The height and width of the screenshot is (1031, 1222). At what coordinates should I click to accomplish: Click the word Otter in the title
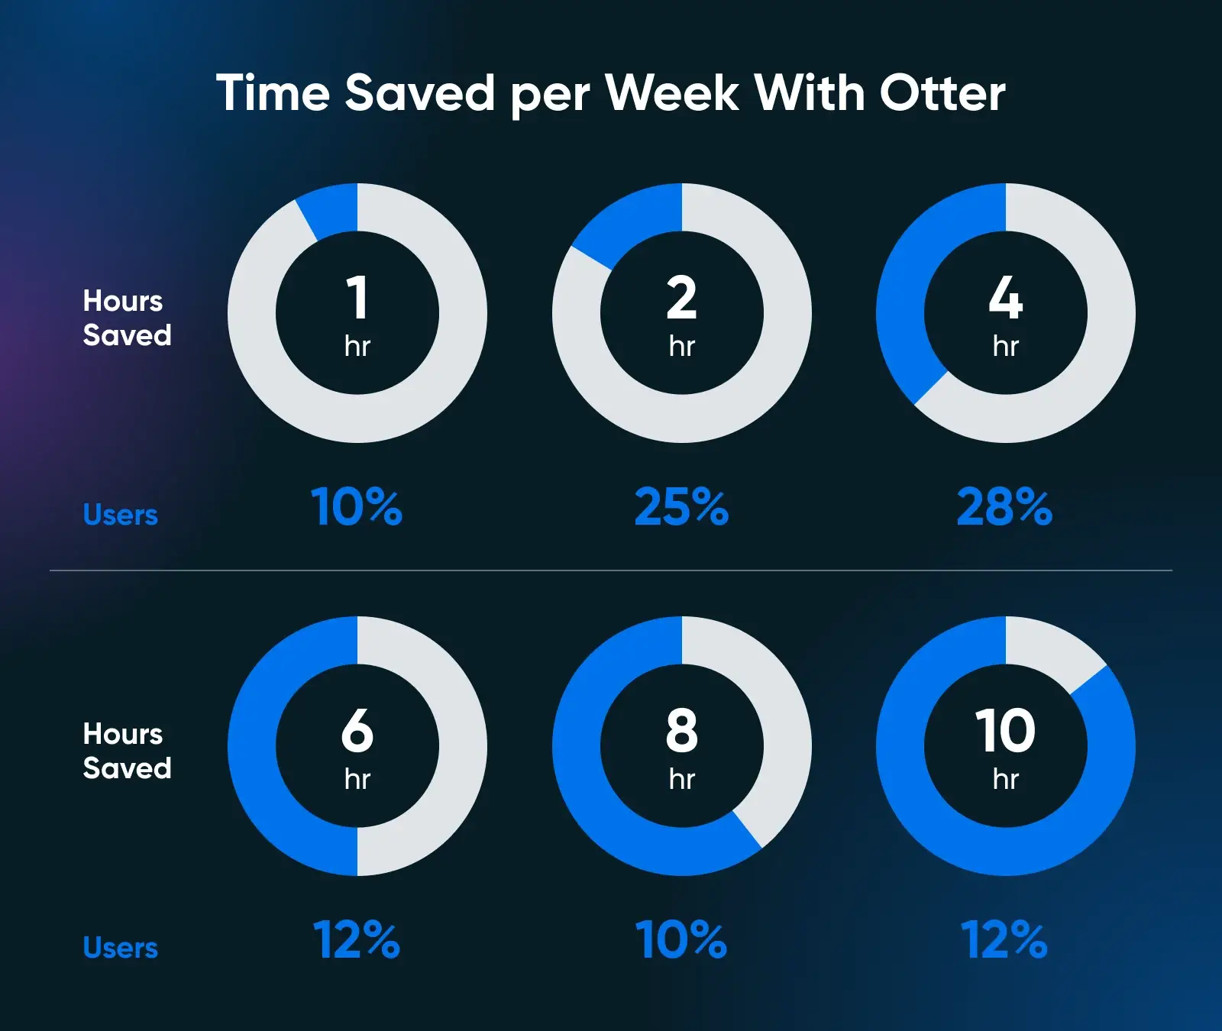942,93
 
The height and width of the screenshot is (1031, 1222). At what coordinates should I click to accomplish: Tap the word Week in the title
672,93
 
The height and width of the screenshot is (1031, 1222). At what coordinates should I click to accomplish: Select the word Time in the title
273,93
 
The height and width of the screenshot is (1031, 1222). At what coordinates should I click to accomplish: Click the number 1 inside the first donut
357,297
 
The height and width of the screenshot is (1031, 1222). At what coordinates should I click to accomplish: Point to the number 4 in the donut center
1006,297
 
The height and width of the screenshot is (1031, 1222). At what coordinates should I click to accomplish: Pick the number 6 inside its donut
357,730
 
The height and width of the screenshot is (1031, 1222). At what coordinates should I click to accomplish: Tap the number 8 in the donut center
682,730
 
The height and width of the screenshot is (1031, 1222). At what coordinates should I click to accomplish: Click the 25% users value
682,507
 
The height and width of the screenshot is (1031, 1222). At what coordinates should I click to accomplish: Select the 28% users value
1005,507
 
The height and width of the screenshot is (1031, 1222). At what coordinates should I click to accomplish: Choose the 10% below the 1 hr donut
357,507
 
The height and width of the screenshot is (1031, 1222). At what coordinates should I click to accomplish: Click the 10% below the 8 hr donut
681,939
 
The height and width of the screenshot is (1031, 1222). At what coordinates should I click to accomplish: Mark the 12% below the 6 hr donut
357,939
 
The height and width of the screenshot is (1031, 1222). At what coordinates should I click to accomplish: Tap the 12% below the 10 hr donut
1004,939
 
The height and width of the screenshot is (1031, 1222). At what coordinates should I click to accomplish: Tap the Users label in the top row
121,515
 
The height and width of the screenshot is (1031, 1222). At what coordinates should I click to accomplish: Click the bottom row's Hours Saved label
127,751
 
